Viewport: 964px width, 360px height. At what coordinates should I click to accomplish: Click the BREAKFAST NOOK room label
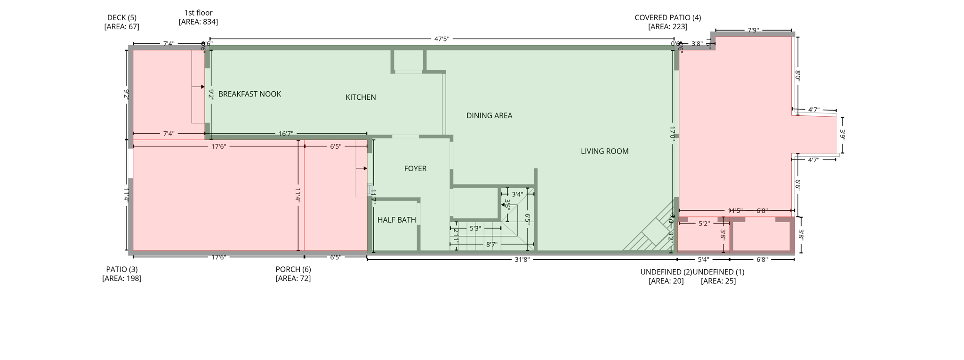point(249,94)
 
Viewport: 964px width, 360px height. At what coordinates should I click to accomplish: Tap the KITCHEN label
point(361,97)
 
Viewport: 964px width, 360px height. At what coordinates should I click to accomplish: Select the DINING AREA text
point(489,116)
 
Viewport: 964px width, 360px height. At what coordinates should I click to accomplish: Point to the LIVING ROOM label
point(604,152)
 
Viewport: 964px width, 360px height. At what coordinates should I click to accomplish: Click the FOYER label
point(415,168)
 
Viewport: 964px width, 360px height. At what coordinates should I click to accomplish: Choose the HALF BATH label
point(396,220)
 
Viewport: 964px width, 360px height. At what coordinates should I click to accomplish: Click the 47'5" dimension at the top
point(441,39)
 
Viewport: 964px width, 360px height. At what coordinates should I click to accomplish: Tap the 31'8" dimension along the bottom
point(522,259)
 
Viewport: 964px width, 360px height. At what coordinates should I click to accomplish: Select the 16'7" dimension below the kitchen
point(286,134)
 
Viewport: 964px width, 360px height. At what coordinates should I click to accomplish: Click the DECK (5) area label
point(122,18)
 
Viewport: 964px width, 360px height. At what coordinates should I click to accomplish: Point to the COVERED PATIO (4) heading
point(667,18)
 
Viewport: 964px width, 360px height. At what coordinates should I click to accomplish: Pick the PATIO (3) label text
point(122,270)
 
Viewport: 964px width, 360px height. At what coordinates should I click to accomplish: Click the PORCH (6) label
point(293,270)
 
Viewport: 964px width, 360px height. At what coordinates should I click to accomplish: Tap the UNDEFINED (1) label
point(718,272)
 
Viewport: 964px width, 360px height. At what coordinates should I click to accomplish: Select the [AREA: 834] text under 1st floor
point(198,22)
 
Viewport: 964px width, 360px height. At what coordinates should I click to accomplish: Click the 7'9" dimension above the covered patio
point(753,31)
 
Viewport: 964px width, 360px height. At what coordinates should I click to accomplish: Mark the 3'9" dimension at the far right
point(843,135)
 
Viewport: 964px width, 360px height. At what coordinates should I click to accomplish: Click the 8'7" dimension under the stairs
point(491,245)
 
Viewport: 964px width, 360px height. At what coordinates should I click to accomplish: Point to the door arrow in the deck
point(201,87)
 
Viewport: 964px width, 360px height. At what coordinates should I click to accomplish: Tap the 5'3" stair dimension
point(475,229)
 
